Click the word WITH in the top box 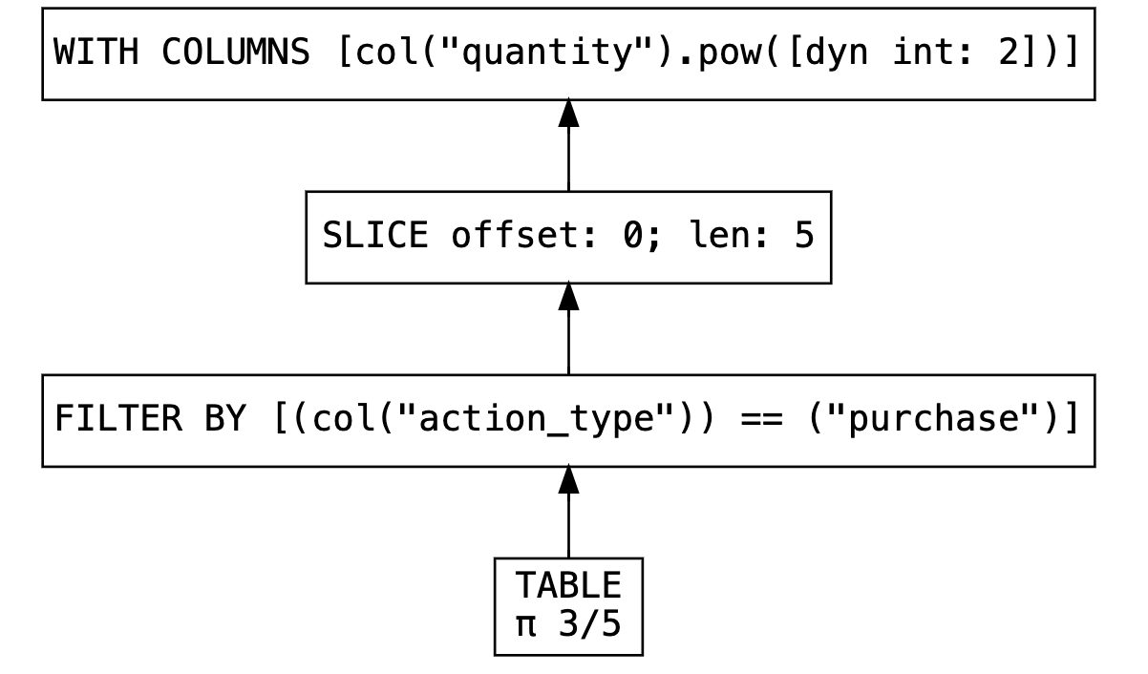[94, 53]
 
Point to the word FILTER [107, 420]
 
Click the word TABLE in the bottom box [568, 584]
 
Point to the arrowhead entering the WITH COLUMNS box [568, 113]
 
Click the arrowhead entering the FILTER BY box [568, 479]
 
